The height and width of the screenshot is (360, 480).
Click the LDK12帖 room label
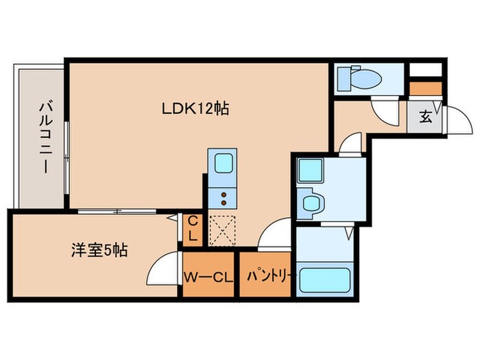(x=195, y=108)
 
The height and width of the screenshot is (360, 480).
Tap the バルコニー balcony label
(x=45, y=136)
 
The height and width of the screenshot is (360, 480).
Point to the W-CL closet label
(x=208, y=278)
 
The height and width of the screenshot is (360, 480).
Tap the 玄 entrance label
(x=425, y=117)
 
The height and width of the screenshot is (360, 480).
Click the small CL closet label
(x=193, y=229)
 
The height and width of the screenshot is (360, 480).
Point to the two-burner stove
(x=224, y=199)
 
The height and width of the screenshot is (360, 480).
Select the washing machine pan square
(x=311, y=169)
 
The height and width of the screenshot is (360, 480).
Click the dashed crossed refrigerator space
(x=223, y=230)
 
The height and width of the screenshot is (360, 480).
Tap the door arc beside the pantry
(x=278, y=233)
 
